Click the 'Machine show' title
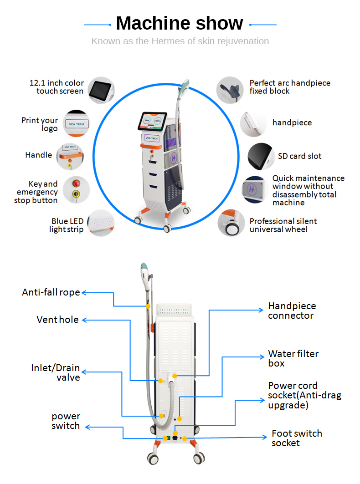(x=180, y=23)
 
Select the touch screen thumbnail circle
(x=101, y=90)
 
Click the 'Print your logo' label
(x=40, y=124)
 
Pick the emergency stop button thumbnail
(x=76, y=189)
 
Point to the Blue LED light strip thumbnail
(x=101, y=223)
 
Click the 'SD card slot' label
(x=299, y=156)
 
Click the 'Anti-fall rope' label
(x=51, y=293)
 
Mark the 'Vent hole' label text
(x=57, y=320)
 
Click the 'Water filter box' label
(x=293, y=358)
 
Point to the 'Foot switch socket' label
(x=297, y=438)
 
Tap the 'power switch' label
(x=66, y=421)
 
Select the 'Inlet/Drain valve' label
(x=56, y=372)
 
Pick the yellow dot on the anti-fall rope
(x=147, y=306)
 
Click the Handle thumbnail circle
(x=70, y=156)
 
